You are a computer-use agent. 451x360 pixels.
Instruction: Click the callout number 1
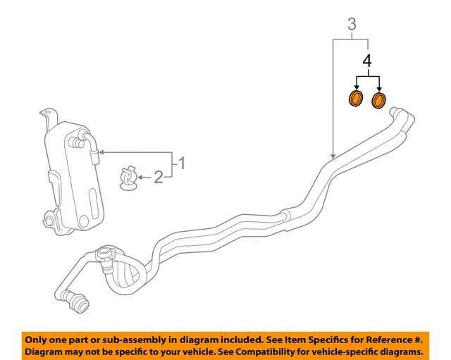click(181, 164)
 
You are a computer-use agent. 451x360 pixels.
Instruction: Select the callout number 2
click(159, 177)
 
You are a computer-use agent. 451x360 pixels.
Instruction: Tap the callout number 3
click(352, 26)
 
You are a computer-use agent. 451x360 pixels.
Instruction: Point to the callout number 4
click(366, 60)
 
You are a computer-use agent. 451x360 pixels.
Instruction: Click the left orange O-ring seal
click(356, 99)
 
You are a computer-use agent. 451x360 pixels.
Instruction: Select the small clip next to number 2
click(128, 178)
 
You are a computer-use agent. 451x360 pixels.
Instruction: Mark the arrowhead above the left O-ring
click(356, 87)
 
